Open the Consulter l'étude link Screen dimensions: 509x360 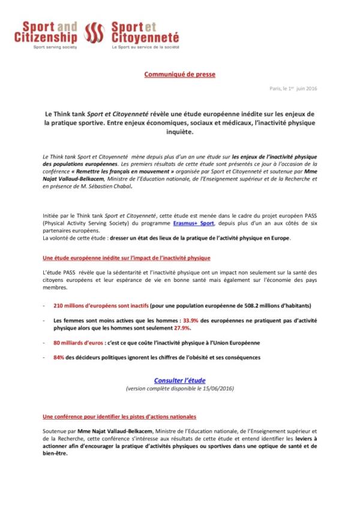pyautogui.click(x=180, y=381)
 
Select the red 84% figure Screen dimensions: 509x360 pyautogui.click(x=59, y=358)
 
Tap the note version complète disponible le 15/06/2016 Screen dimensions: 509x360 pyautogui.click(x=180, y=389)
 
